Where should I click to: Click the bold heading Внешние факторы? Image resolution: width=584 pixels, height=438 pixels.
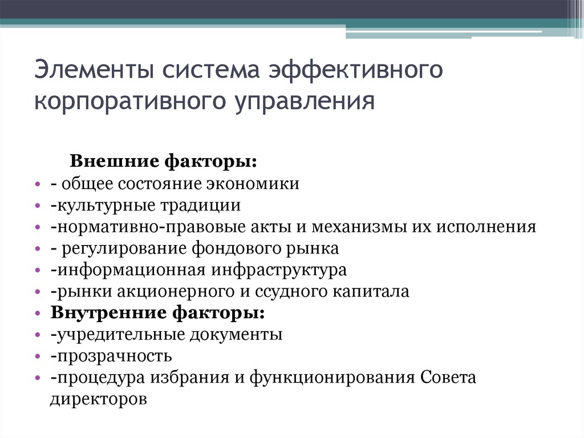pos(163,162)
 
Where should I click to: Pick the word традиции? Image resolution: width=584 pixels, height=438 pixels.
pos(202,205)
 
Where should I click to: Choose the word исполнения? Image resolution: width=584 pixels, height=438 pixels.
pos(487,227)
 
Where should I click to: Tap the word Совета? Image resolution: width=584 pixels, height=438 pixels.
pos(448,378)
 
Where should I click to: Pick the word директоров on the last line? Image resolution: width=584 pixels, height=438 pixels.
pos(99,398)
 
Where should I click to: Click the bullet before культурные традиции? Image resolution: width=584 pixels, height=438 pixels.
pos(38,206)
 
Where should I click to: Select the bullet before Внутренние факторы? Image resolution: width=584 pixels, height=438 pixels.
pos(38,314)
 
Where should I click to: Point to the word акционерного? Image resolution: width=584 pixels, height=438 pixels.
pos(181,292)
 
